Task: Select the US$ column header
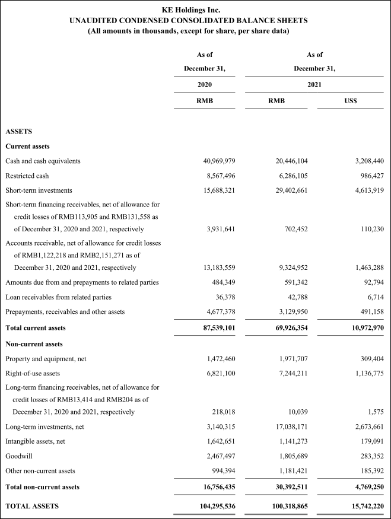point(350,101)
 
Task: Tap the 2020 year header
point(205,85)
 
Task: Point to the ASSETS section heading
point(19,131)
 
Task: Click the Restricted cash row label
point(27,176)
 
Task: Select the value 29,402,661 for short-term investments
point(288,190)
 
